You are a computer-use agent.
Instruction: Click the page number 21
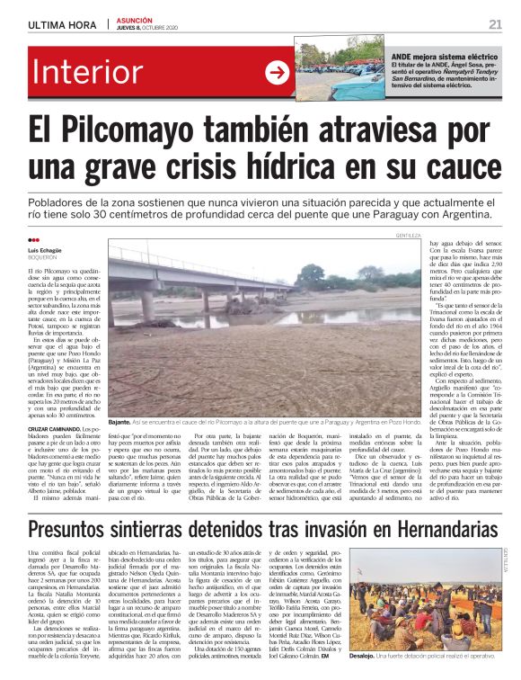click(x=495, y=24)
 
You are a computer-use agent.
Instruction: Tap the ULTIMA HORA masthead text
click(x=60, y=24)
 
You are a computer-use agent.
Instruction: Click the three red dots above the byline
click(x=34, y=240)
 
